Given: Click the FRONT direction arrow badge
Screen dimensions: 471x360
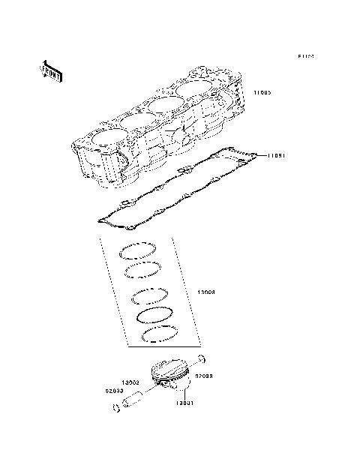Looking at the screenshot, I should pos(52,70).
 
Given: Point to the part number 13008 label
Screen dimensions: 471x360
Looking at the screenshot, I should pos(207,292).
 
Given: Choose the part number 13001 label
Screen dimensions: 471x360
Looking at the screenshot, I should pos(185,403).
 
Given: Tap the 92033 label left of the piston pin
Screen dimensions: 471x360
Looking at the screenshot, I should pos(115,390).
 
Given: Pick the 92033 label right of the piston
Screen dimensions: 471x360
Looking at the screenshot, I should pos(206,374).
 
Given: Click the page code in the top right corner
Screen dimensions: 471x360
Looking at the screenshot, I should pos(304,56).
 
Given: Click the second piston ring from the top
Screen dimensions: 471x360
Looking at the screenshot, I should pos(142,269).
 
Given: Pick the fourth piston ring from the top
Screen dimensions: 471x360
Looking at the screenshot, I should pos(154,313).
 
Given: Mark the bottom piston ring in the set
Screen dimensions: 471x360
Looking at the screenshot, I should pos(159,334).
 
